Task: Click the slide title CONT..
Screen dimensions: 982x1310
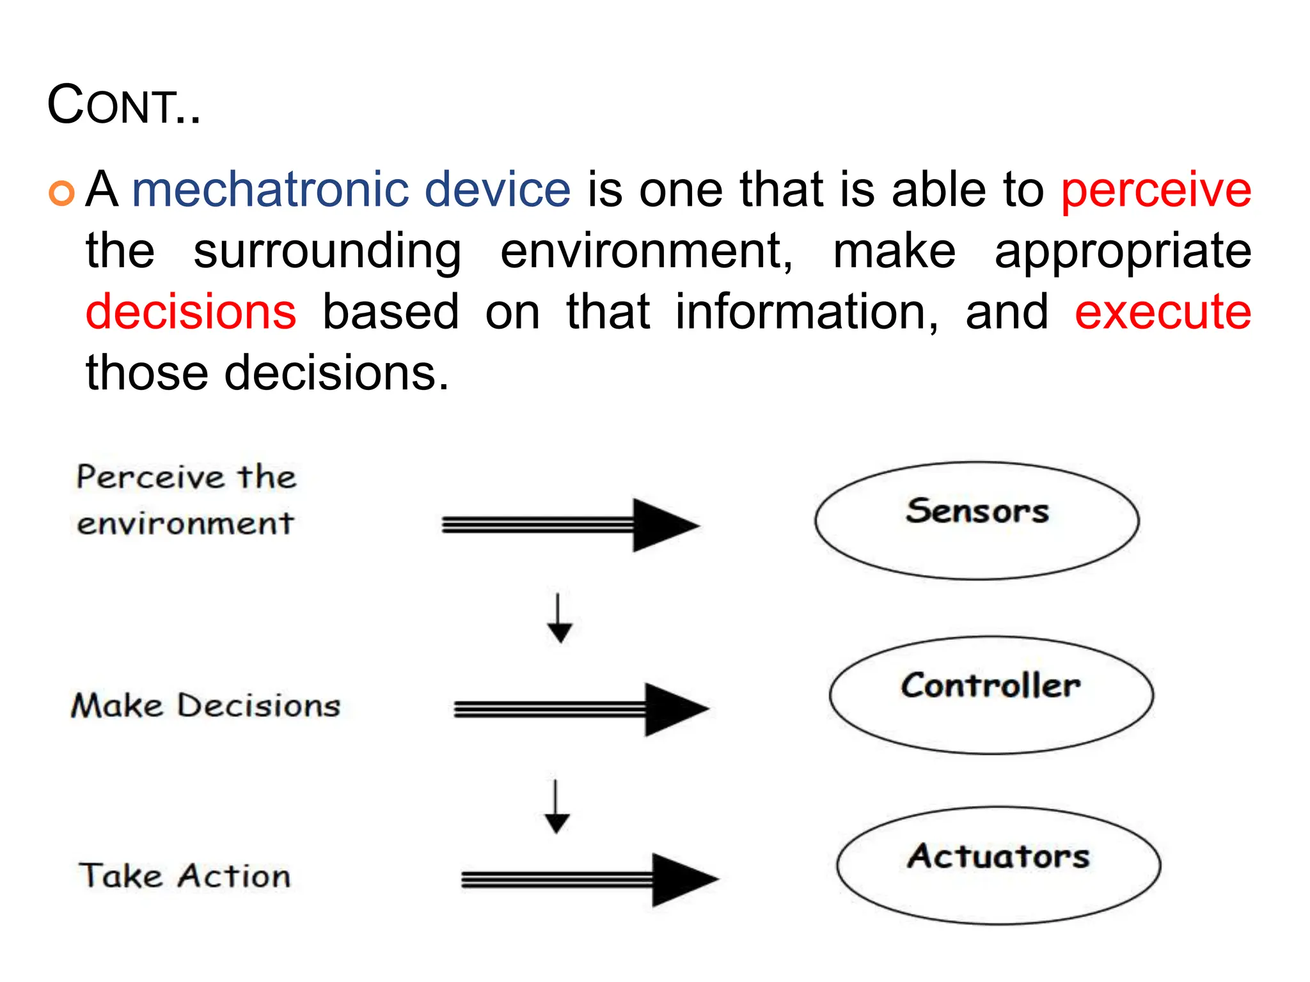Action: coord(123,105)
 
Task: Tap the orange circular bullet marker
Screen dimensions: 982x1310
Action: coord(62,192)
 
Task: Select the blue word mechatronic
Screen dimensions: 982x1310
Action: coord(270,190)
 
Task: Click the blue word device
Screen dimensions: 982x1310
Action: coord(497,190)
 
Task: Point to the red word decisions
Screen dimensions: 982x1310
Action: coord(191,313)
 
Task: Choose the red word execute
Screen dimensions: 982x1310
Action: coord(1162,313)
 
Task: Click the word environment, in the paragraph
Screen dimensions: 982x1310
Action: coord(646,251)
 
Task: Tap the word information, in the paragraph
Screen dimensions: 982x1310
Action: coord(807,313)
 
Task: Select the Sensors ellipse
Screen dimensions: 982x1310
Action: coord(977,521)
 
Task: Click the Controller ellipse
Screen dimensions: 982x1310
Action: coord(991,695)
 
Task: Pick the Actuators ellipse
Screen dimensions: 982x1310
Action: coord(998,865)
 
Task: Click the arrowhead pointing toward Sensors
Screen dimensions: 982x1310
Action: coord(665,526)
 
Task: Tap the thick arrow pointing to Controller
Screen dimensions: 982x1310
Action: coord(581,709)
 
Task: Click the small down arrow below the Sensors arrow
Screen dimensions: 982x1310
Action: coord(559,619)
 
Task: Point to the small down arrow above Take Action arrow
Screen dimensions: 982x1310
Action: coord(556,807)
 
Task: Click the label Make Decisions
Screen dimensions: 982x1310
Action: coord(205,706)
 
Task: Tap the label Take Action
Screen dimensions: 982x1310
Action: coord(184,876)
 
